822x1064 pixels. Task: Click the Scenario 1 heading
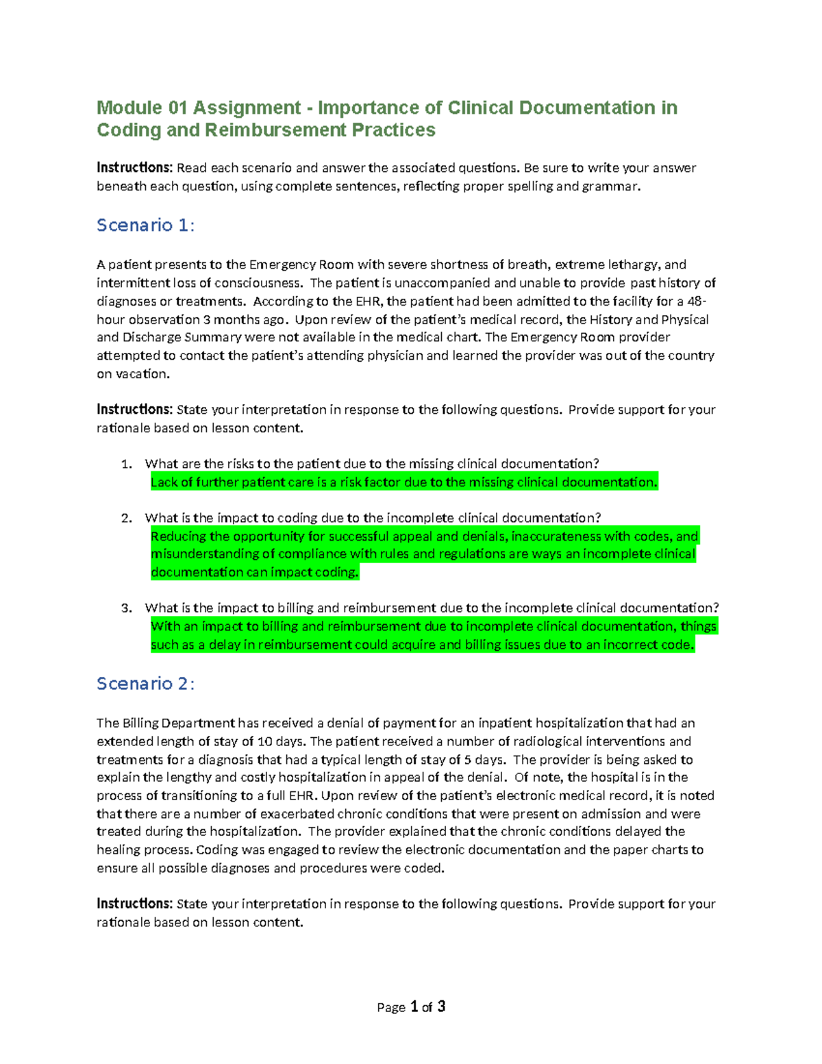click(145, 225)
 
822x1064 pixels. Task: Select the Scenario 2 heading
click(145, 684)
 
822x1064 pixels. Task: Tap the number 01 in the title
click(177, 108)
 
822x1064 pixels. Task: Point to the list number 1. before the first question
click(126, 465)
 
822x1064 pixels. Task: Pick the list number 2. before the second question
click(126, 519)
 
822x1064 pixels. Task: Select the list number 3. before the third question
click(126, 608)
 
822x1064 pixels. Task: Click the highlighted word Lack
click(164, 482)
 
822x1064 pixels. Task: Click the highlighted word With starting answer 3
click(165, 626)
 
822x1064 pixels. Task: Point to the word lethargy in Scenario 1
click(633, 265)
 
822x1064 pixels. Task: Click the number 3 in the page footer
click(441, 1006)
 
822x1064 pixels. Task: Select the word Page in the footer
click(391, 1007)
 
